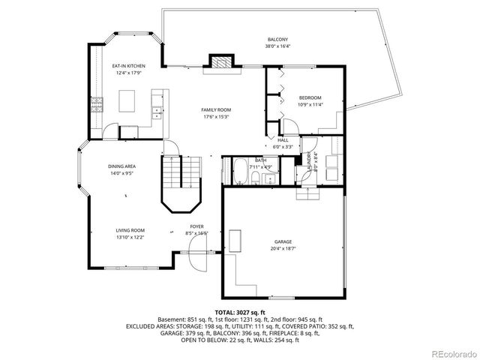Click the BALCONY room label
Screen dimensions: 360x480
pyautogui.click(x=277, y=40)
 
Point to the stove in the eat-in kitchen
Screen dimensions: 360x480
pyautogui.click(x=96, y=104)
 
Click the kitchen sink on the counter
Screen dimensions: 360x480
pyautogui.click(x=157, y=113)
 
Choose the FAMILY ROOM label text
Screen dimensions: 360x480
pyautogui.click(x=215, y=110)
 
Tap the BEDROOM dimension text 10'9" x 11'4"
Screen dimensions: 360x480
pyautogui.click(x=310, y=105)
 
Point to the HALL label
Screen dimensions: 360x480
pyautogui.click(x=283, y=140)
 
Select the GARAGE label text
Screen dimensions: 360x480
pyautogui.click(x=282, y=242)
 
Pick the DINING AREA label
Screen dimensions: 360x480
pyautogui.click(x=121, y=166)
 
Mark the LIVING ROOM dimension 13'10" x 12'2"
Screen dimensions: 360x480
pyautogui.click(x=130, y=237)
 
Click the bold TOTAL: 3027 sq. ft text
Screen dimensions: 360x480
pyautogui.click(x=240, y=312)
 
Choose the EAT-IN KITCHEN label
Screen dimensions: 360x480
pyautogui.click(x=129, y=67)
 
